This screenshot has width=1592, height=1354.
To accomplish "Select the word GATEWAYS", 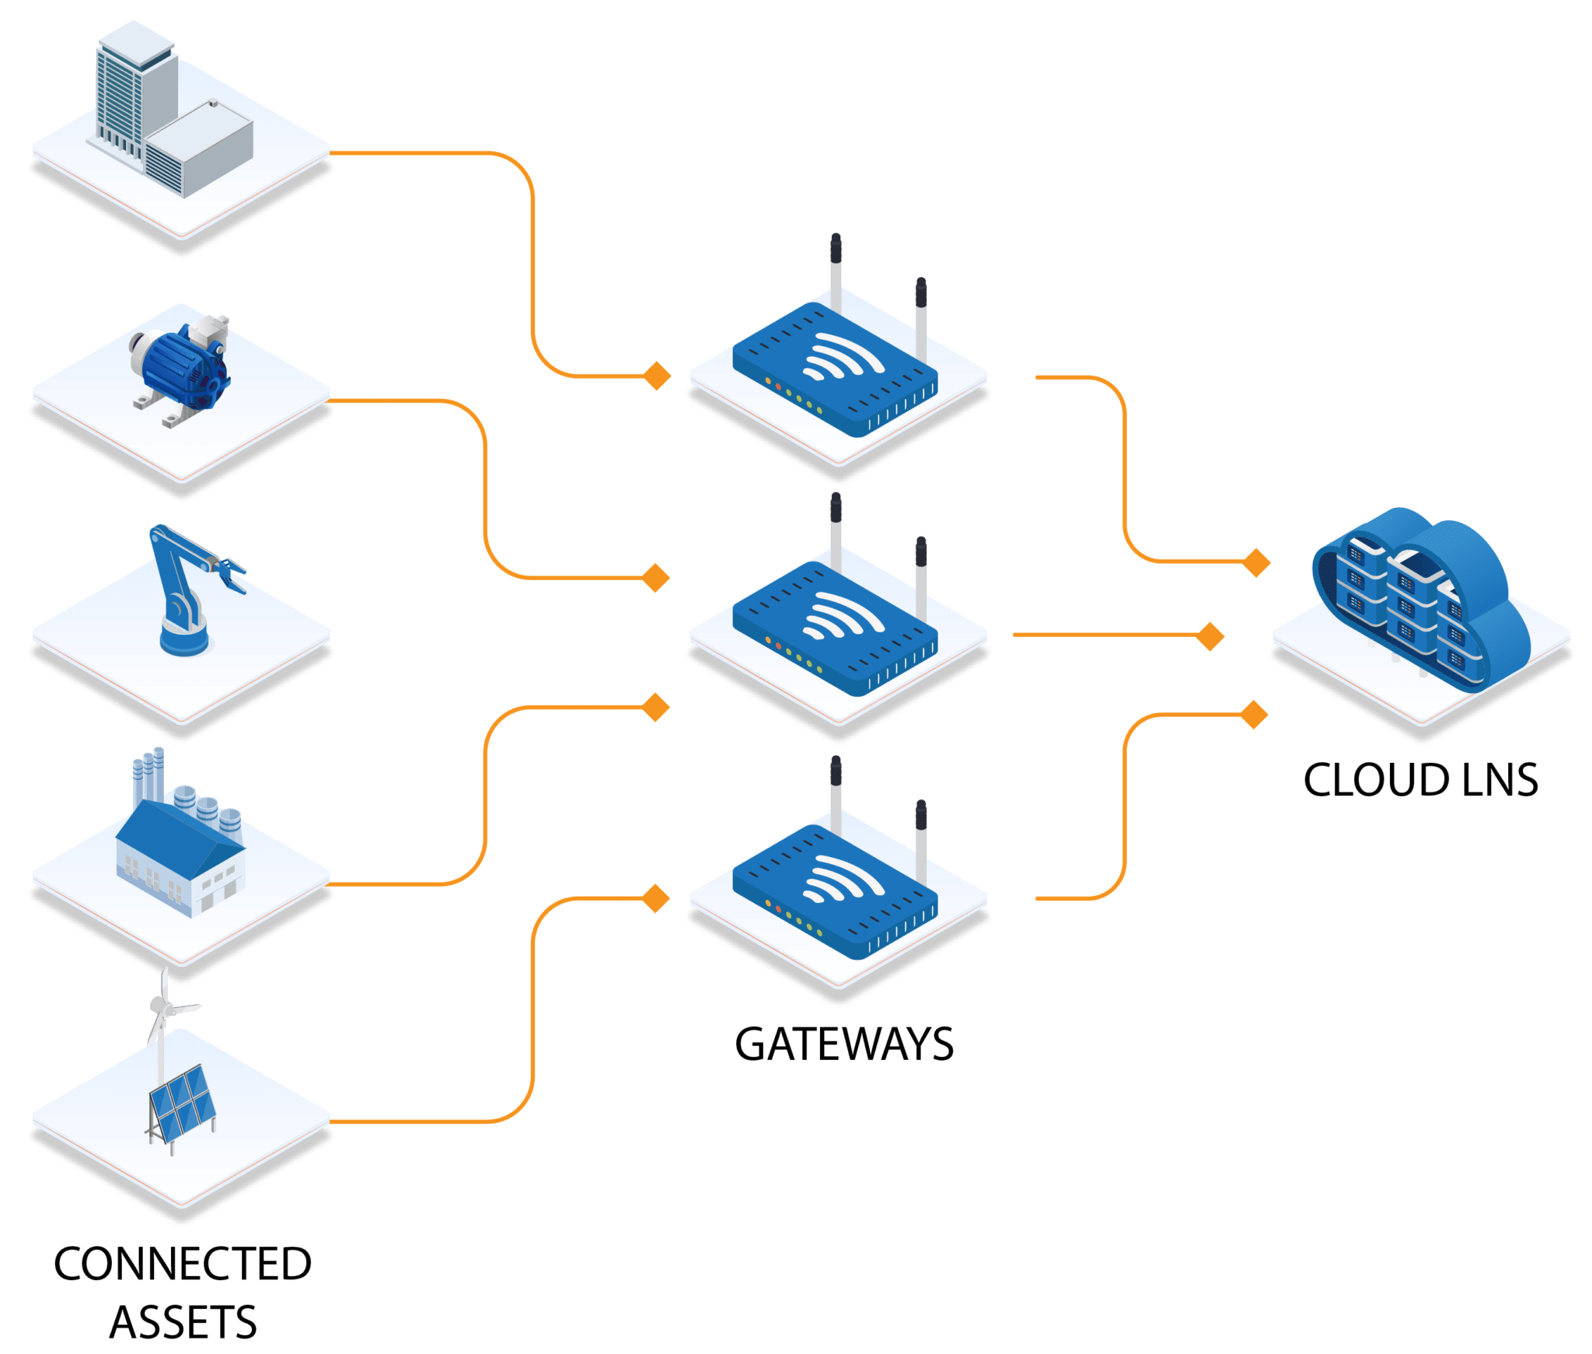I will pos(844,1044).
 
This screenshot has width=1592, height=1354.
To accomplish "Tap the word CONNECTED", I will pos(183,1264).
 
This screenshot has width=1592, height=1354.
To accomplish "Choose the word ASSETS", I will pos(183,1323).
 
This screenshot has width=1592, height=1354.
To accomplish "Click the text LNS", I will pos(1499,780).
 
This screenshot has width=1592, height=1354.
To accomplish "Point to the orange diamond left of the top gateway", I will pos(658,376).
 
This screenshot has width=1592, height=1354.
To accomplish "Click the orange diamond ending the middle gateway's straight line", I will pos(1210,636).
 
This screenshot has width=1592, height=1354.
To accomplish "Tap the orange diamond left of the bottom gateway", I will pos(657,898).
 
